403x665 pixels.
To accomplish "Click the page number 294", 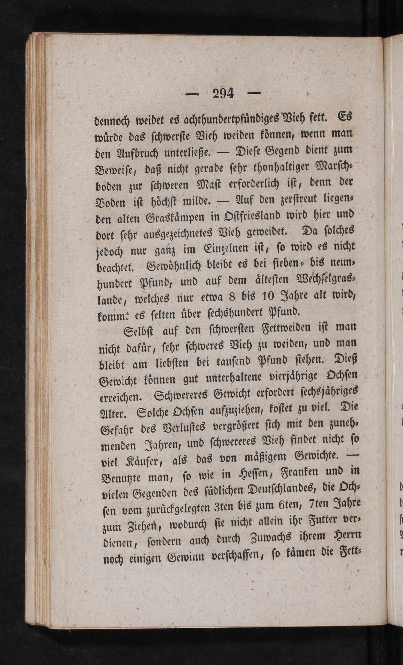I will (x=223, y=93).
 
